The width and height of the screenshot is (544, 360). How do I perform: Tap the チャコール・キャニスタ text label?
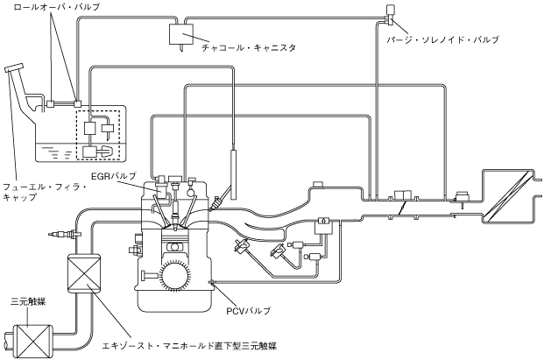pyautogui.click(x=246, y=49)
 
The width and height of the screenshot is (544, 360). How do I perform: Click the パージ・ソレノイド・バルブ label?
pyautogui.click(x=445, y=40)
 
